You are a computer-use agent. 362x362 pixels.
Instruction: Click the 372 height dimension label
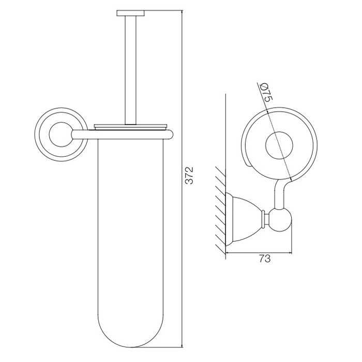coord(189,175)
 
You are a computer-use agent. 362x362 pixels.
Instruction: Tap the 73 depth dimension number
coord(264,259)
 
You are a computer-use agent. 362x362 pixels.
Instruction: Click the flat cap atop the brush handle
coord(131,13)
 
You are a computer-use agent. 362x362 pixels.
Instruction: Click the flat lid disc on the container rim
coord(131,126)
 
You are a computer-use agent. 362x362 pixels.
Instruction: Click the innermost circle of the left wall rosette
coord(61,134)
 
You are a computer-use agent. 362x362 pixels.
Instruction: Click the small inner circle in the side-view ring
coord(279,146)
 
